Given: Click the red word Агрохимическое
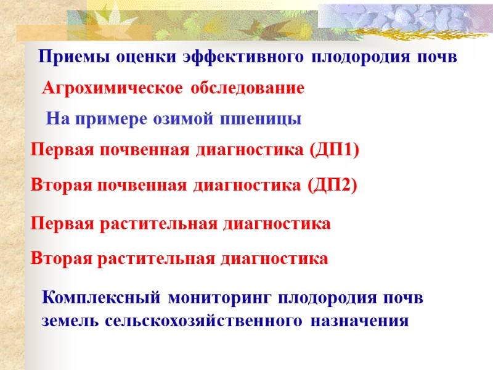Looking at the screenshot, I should point(112,89).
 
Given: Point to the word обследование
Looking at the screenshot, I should point(248,89).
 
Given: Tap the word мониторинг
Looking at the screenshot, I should point(221,298).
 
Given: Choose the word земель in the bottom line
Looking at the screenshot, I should point(70,321).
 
